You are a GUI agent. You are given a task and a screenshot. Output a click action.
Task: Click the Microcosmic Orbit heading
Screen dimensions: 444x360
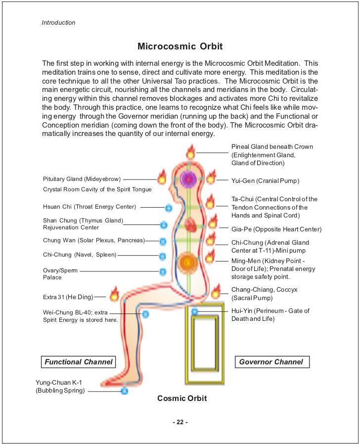click(180, 46)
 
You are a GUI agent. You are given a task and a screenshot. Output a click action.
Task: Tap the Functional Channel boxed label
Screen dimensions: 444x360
click(78, 362)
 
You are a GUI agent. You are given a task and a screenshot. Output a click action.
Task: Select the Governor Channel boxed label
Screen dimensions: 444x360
click(271, 362)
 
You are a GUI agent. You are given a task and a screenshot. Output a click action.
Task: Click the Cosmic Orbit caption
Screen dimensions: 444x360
click(182, 399)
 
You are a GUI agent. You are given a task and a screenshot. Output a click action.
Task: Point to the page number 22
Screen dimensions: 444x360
click(180, 422)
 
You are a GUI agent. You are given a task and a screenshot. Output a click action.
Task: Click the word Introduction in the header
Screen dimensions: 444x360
click(58, 23)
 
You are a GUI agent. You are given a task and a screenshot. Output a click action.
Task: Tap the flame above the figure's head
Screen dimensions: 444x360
click(190, 151)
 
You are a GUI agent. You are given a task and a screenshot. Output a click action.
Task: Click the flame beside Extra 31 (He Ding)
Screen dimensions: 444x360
click(114, 295)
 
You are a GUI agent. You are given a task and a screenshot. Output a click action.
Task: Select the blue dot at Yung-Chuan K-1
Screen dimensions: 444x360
click(125, 391)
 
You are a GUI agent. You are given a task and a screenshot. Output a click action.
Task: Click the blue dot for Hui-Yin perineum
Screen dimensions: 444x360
click(194, 312)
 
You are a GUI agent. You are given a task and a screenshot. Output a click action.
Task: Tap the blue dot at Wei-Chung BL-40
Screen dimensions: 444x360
click(145, 313)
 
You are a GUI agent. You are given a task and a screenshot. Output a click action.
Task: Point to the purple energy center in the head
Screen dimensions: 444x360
click(188, 178)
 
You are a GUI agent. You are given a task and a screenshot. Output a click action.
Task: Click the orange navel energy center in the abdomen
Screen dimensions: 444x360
click(187, 261)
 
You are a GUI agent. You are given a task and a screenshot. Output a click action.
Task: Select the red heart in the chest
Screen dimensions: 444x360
click(190, 226)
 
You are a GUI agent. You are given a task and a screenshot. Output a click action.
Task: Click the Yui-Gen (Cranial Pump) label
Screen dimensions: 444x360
click(265, 181)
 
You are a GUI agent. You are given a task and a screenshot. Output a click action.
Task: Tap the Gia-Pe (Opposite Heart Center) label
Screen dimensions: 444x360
click(276, 229)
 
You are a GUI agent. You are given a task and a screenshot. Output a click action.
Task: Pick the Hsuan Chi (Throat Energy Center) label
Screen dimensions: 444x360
click(90, 207)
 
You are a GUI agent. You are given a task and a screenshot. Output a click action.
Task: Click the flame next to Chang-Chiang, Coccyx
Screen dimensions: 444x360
click(216, 291)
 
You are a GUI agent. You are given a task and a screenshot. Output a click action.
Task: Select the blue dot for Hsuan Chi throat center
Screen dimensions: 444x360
click(168, 208)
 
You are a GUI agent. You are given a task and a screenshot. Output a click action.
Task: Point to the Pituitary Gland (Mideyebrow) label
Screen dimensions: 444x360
click(82, 179)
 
